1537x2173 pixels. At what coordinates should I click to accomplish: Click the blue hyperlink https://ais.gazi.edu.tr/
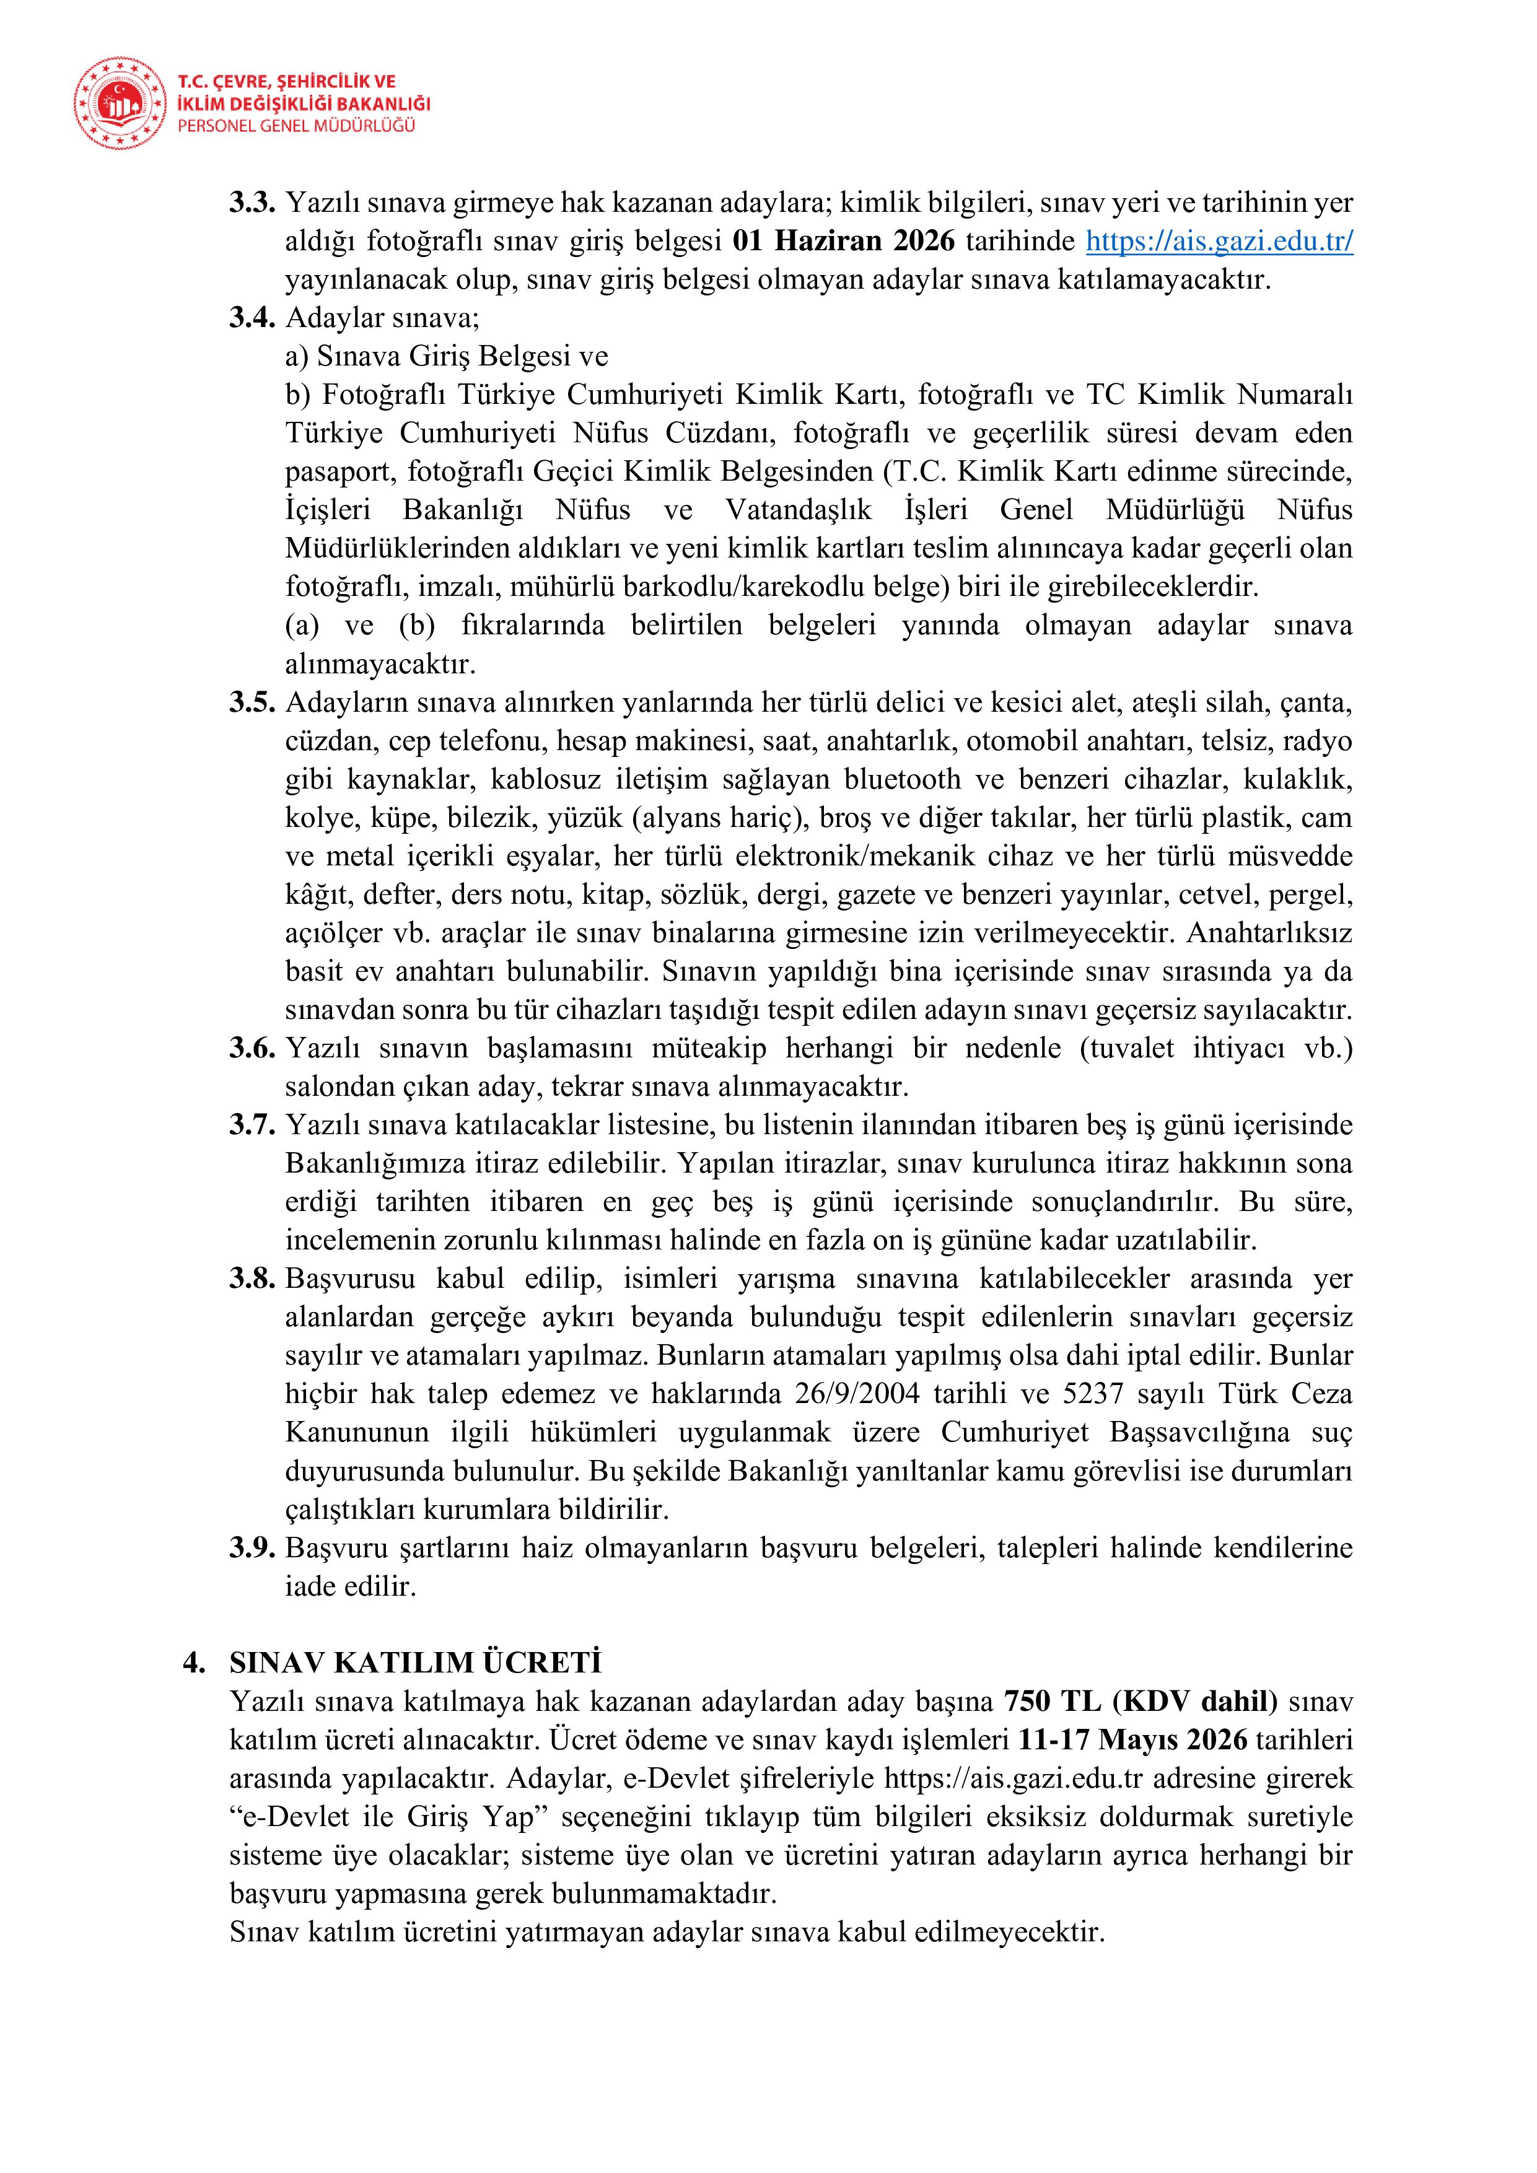pyautogui.click(x=1219, y=242)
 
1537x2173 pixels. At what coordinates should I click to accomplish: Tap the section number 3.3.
pyautogui.click(x=252, y=203)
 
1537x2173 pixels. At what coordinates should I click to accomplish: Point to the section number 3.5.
pyautogui.click(x=252, y=703)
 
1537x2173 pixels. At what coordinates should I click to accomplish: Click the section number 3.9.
pyautogui.click(x=252, y=1547)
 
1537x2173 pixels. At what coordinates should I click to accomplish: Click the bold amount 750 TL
pyautogui.click(x=1053, y=1702)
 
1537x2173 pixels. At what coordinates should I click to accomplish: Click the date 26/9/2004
pyautogui.click(x=863, y=1393)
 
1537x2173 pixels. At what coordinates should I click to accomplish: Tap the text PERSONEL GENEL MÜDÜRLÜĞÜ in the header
pyautogui.click(x=296, y=126)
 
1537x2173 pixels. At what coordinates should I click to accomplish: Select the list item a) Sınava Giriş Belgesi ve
pyautogui.click(x=447, y=357)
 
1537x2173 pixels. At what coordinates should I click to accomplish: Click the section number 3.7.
pyautogui.click(x=252, y=1126)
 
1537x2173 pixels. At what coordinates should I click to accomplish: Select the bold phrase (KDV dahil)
pyautogui.click(x=1194, y=1702)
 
